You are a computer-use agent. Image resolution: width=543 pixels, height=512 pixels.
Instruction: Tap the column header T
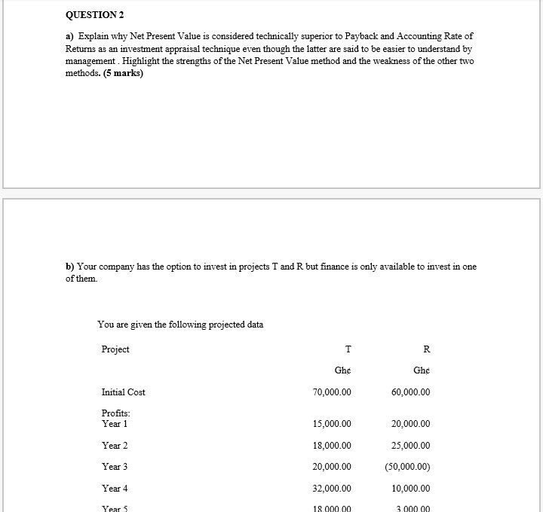click(x=347, y=349)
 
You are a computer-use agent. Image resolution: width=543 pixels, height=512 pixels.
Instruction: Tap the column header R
click(x=427, y=349)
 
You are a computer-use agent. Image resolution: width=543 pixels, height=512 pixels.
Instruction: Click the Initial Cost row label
click(x=123, y=392)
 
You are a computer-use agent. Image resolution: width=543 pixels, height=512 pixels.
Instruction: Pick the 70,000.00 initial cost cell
click(x=331, y=392)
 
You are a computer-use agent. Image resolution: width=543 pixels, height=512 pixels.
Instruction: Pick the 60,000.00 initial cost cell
click(x=411, y=392)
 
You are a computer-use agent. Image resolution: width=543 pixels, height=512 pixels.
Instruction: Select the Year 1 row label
click(x=115, y=424)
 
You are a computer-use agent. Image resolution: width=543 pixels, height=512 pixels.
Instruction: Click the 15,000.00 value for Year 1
click(x=331, y=424)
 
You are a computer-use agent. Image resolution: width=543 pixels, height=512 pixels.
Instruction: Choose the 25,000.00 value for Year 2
click(x=411, y=446)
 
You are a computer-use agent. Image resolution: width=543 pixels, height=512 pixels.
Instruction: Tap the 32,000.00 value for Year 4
click(x=331, y=489)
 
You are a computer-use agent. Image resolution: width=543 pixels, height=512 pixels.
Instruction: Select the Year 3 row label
click(x=115, y=467)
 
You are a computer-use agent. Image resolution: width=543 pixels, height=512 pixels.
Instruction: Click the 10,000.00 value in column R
click(x=411, y=489)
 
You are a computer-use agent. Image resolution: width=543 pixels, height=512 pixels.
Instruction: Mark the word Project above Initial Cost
click(x=115, y=349)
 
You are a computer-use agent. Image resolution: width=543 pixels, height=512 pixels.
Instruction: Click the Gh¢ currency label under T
click(x=342, y=371)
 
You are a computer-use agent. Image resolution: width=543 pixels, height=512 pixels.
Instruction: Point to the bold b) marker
click(x=70, y=267)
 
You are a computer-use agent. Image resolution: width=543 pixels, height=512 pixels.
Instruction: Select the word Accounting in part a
click(x=425, y=37)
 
